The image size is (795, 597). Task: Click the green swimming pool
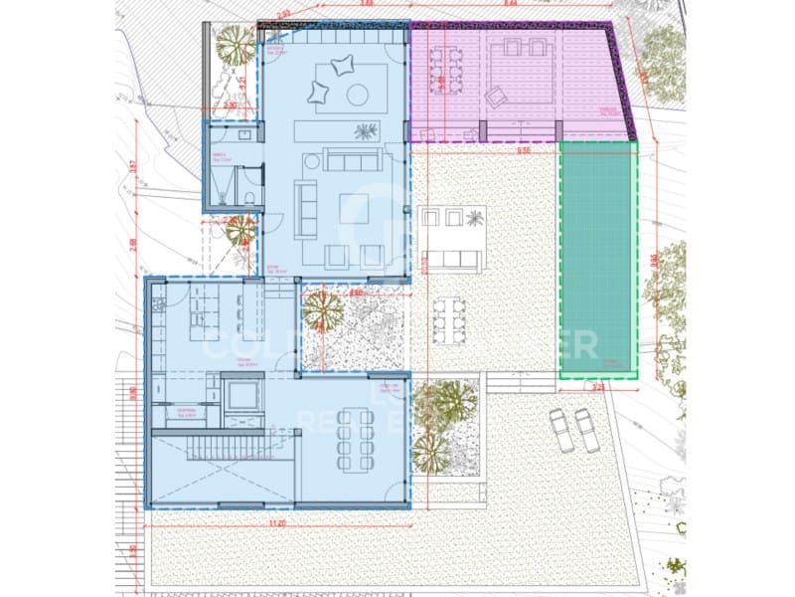597,259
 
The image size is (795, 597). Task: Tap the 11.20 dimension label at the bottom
277,522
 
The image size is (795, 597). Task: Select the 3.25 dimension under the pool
598,388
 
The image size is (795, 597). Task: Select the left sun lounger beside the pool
561,430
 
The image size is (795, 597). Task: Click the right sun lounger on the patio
588,430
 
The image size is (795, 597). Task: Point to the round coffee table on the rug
357,95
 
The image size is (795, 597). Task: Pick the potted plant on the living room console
366,131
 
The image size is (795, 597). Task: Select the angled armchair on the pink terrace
494,97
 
